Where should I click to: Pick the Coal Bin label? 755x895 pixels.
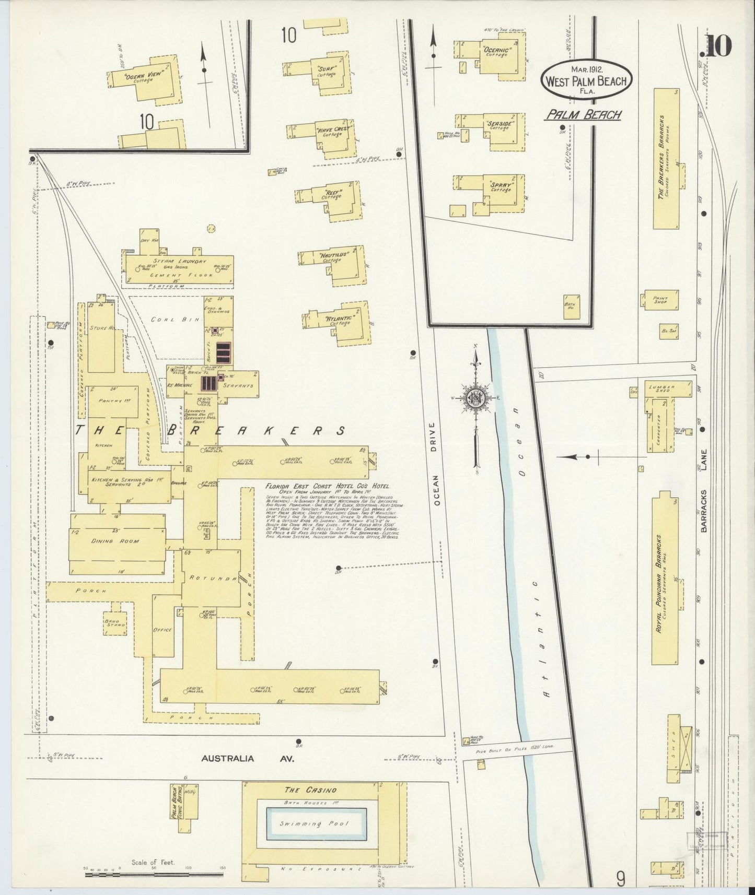(x=165, y=320)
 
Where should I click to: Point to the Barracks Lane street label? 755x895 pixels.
(x=704, y=492)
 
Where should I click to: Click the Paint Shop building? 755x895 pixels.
(x=661, y=299)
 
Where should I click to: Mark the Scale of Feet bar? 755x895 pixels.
(x=154, y=873)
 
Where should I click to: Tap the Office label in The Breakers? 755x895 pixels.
(x=162, y=630)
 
